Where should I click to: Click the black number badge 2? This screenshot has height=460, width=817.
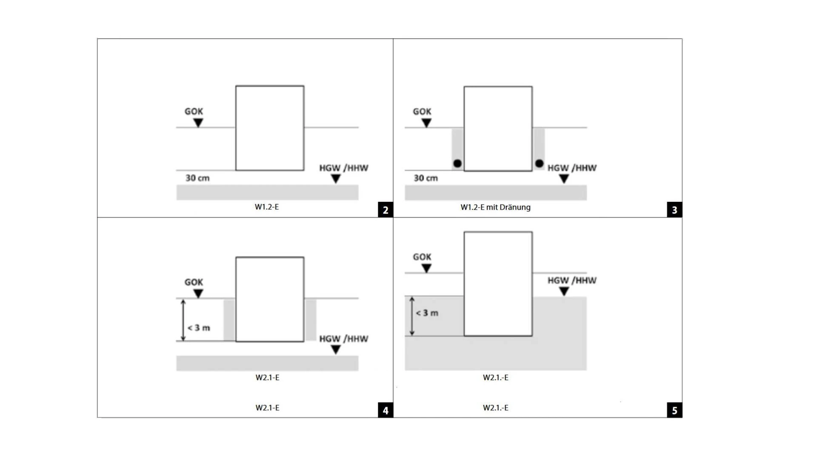click(386, 210)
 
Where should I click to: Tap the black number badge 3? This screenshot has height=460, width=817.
click(674, 210)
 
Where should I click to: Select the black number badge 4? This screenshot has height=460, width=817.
click(386, 410)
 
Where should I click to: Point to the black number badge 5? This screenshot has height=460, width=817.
click(674, 410)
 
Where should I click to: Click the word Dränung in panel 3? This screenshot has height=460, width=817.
click(515, 207)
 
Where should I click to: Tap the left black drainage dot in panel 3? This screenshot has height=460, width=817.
click(457, 164)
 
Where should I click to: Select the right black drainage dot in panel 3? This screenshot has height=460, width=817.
click(539, 163)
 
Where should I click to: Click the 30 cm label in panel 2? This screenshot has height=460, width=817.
click(197, 178)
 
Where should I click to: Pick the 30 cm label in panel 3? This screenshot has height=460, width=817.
click(426, 178)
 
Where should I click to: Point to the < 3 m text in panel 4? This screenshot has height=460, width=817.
click(199, 328)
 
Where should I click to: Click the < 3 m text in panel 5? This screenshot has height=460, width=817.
click(427, 313)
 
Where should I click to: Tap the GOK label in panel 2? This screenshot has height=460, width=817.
click(194, 112)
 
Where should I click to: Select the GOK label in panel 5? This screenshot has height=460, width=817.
click(422, 257)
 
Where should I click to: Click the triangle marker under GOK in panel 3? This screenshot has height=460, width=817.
click(426, 123)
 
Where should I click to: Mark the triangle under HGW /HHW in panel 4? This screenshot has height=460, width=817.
click(336, 349)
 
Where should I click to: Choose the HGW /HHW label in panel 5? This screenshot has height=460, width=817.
click(572, 281)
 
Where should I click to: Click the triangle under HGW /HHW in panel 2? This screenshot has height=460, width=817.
click(336, 178)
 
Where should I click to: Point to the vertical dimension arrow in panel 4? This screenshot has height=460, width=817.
click(183, 320)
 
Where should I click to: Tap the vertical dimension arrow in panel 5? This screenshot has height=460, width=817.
click(411, 316)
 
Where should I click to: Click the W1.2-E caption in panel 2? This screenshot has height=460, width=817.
click(267, 207)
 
